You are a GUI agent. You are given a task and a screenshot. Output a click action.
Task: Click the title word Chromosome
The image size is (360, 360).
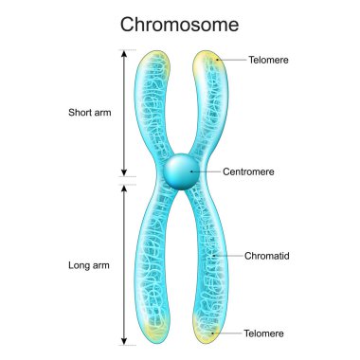click(180, 23)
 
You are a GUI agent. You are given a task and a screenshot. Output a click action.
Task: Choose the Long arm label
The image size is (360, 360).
click(91, 265)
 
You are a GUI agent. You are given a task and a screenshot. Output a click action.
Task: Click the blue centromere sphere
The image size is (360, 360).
click(180, 172)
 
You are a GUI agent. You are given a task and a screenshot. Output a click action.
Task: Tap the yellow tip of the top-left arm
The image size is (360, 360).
click(157, 64)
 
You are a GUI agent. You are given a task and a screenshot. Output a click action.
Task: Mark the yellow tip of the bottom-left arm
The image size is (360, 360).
click(154, 327)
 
